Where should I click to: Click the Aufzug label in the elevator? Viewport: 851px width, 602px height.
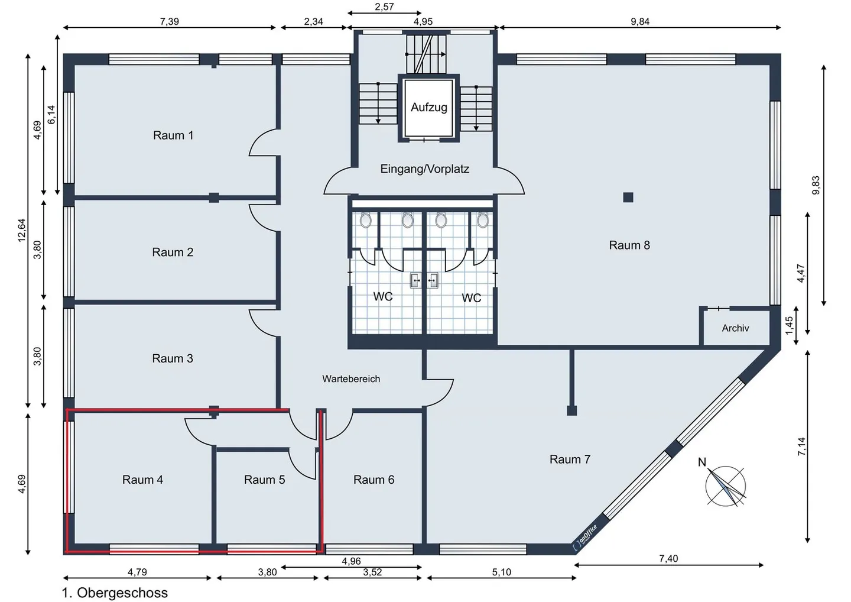(x=429, y=108)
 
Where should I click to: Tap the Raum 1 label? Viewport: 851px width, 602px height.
(x=173, y=135)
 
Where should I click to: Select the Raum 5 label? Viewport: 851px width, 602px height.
(x=264, y=480)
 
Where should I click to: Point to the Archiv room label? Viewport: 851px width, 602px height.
(x=736, y=328)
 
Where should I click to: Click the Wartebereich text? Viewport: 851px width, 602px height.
(x=351, y=378)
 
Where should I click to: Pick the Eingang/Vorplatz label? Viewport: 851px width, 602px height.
(x=425, y=169)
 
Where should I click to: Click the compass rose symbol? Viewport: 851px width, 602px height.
(x=726, y=487)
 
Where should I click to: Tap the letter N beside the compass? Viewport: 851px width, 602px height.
(x=702, y=462)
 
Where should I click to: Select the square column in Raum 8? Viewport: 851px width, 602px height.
(x=628, y=198)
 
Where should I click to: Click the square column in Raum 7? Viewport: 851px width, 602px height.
(x=572, y=410)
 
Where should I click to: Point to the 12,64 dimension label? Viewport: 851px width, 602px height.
(x=22, y=230)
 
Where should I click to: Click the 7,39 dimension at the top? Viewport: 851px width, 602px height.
(x=170, y=21)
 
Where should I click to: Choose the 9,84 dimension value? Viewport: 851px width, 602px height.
(x=640, y=21)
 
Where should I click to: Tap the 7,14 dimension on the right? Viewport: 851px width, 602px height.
(x=801, y=446)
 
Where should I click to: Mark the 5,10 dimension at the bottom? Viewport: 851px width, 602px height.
(x=502, y=572)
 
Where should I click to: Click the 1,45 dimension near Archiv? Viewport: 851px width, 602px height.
(x=789, y=326)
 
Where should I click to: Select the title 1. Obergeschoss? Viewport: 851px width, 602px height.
(x=115, y=593)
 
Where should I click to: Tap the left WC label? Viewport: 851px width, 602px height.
(x=382, y=296)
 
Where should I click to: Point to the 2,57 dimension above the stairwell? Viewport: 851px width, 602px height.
(x=384, y=7)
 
